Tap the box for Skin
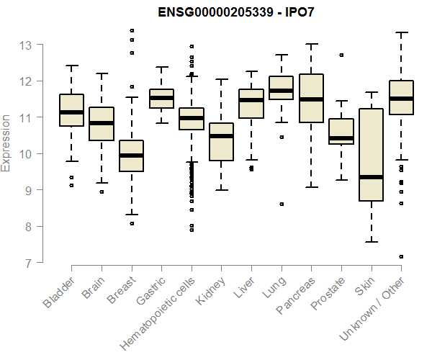[371, 155]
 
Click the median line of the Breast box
[131, 156]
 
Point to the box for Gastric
[161, 99]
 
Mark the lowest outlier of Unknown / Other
[401, 256]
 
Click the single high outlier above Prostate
[341, 55]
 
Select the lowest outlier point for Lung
[281, 204]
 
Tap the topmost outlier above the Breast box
[131, 30]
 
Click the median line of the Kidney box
[221, 136]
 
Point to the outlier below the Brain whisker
[102, 192]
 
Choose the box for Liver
[251, 104]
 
